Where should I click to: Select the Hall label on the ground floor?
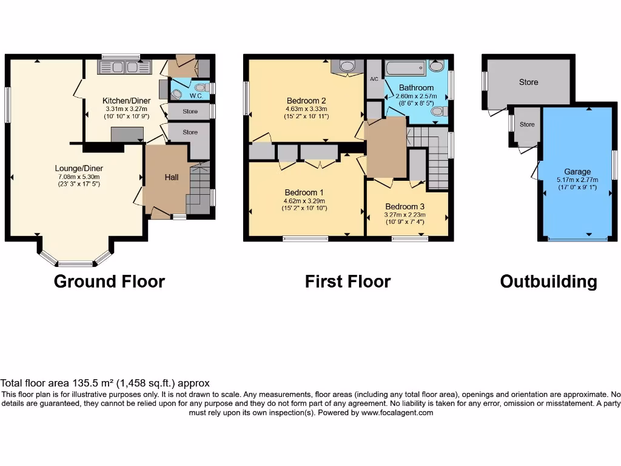pyautogui.click(x=172, y=177)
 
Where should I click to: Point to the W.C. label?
pyautogui.click(x=196, y=96)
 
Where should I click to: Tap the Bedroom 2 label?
pyautogui.click(x=306, y=101)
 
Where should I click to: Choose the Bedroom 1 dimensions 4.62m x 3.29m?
pyautogui.click(x=304, y=201)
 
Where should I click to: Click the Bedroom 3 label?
pyautogui.click(x=404, y=206)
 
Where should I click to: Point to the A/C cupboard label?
pyautogui.click(x=374, y=79)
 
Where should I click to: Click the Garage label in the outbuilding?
pyautogui.click(x=577, y=172)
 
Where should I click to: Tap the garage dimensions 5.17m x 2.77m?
pyautogui.click(x=577, y=180)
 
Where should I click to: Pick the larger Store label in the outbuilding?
pyautogui.click(x=528, y=82)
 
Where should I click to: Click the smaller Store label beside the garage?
pyautogui.click(x=527, y=124)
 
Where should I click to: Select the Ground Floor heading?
pyautogui.click(x=109, y=282)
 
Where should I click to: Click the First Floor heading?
pyautogui.click(x=347, y=282)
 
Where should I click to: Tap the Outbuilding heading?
pyautogui.click(x=548, y=282)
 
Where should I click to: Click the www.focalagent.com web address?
pyautogui.click(x=397, y=413)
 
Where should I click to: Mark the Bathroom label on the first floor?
pyautogui.click(x=416, y=88)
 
